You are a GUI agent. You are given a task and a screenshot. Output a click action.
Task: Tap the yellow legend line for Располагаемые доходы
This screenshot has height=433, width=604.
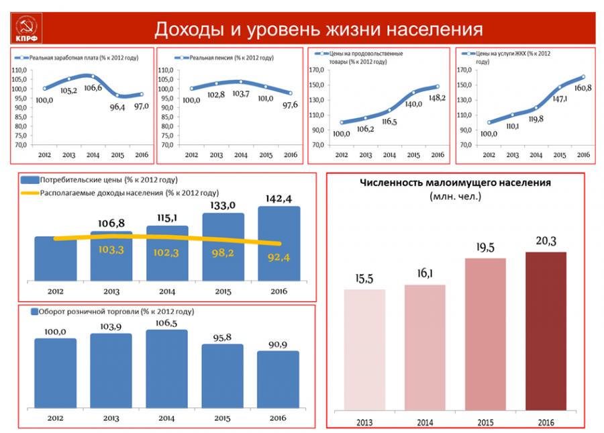pos(30,193)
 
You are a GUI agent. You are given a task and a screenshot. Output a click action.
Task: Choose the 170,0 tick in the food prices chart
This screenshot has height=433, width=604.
pos(318,70)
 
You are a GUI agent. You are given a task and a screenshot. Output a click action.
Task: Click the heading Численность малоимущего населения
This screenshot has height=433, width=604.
pos(455,182)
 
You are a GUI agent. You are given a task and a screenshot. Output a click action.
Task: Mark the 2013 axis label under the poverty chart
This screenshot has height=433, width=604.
pos(364,422)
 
